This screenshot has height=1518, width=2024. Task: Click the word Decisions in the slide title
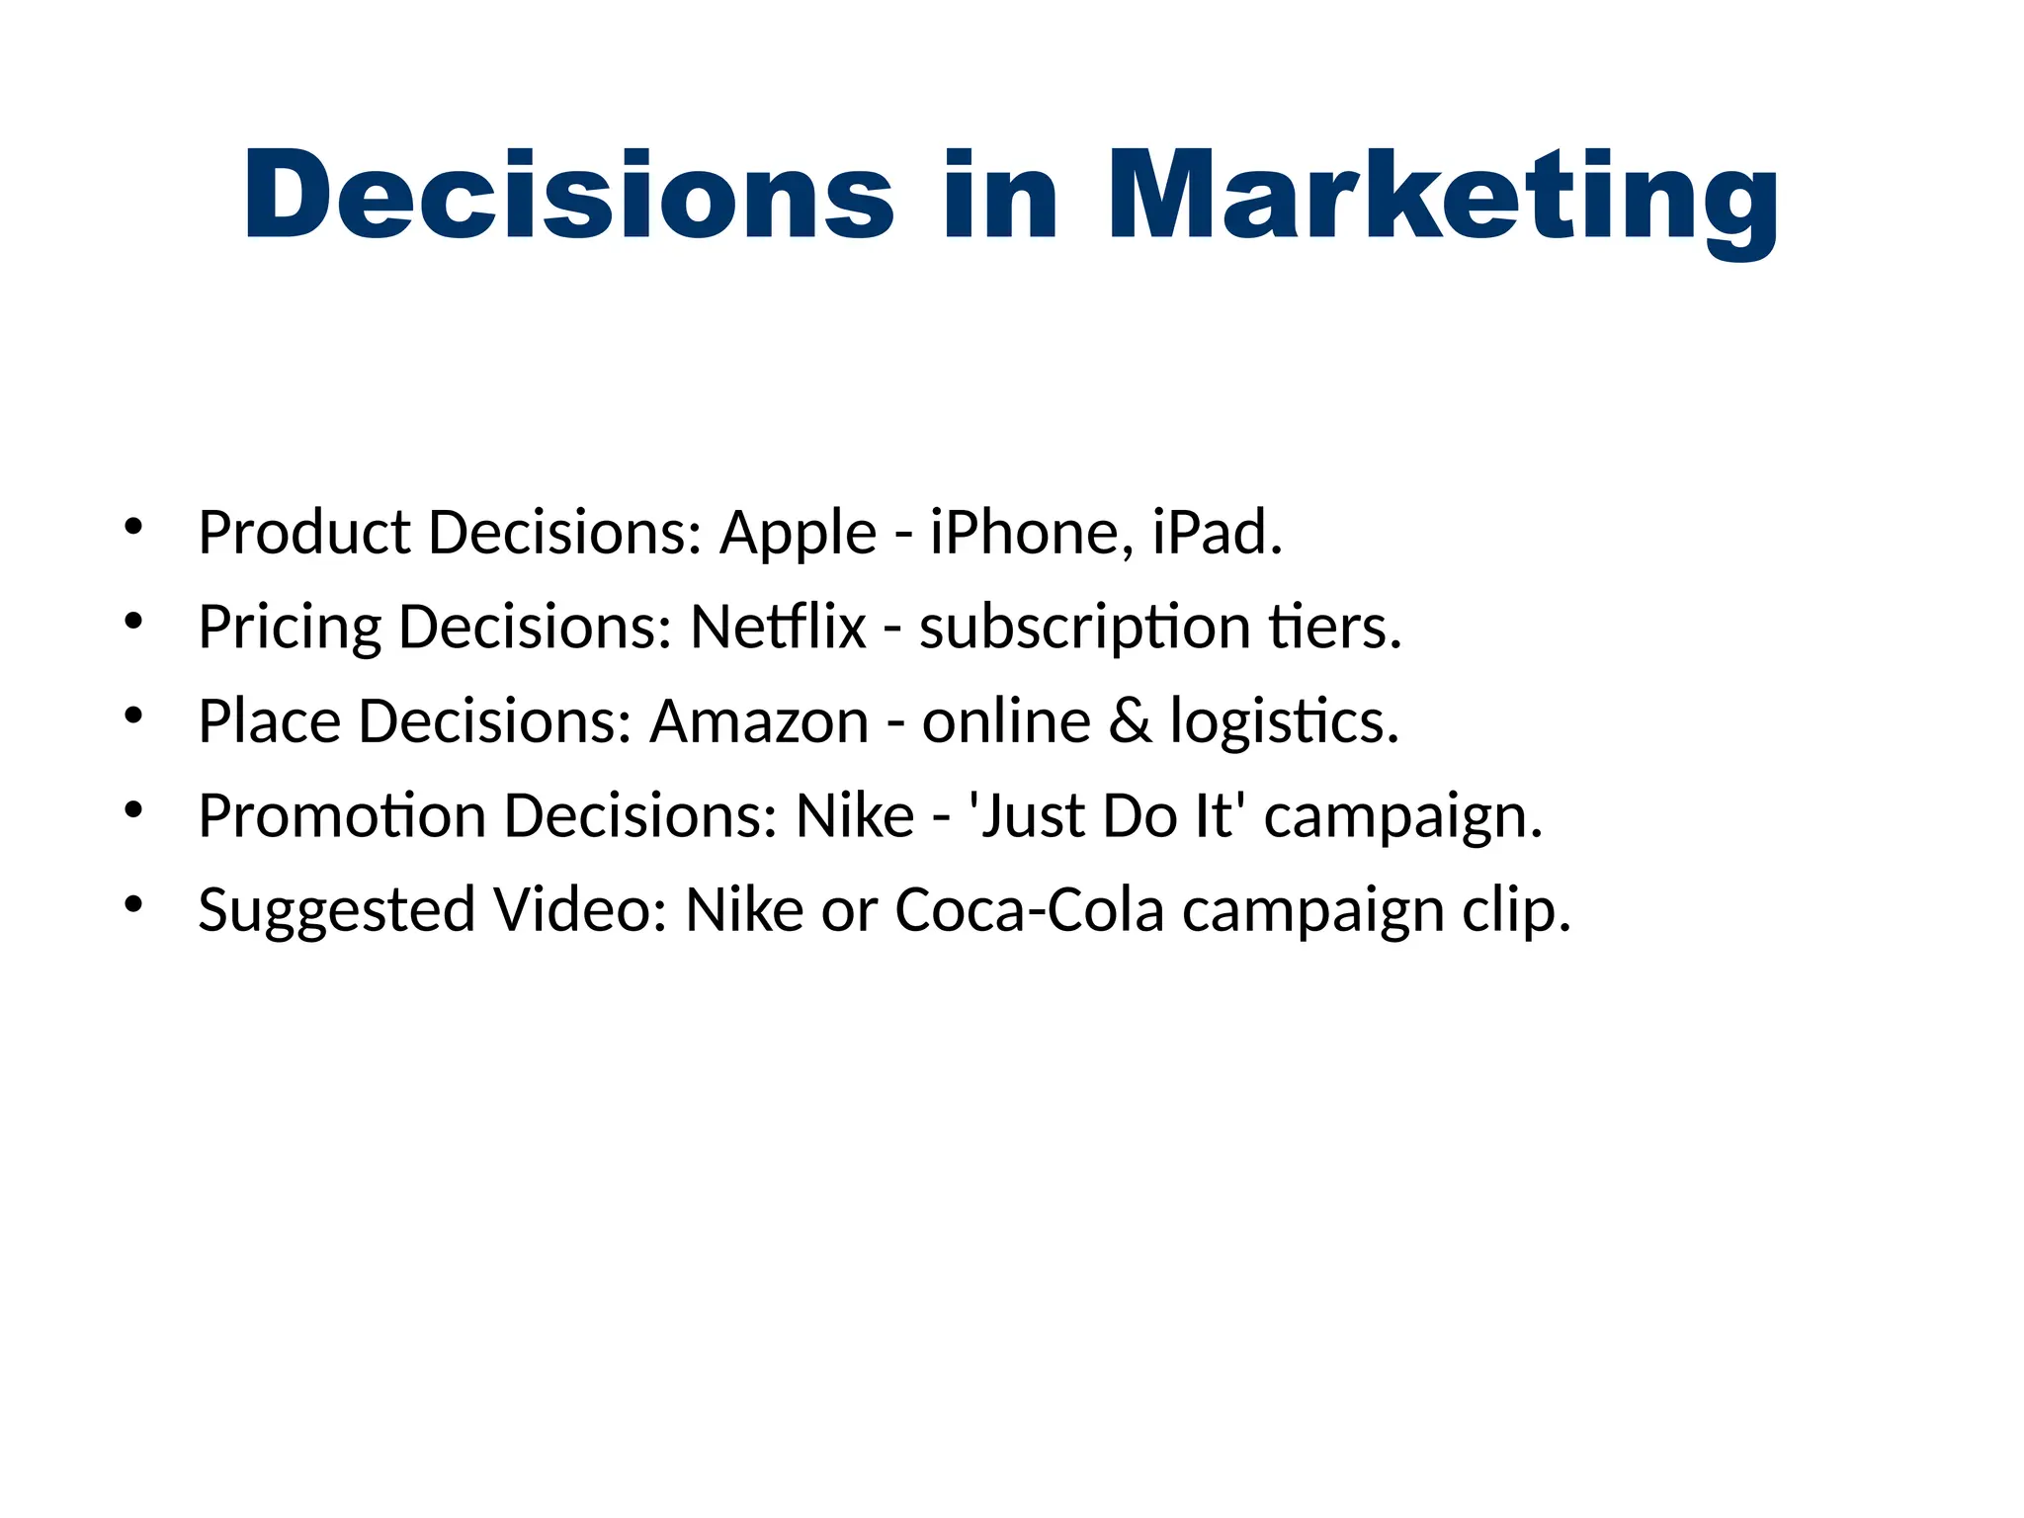tap(569, 195)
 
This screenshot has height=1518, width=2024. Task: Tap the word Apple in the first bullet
tap(798, 533)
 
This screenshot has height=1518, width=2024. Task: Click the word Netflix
tap(778, 627)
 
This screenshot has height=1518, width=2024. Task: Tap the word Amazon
tap(758, 721)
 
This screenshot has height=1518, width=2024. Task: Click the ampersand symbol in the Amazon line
tap(1131, 721)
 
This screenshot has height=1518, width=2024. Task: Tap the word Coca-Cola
tap(1029, 909)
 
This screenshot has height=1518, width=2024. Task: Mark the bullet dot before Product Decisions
tap(134, 527)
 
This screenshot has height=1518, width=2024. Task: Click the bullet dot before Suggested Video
tap(134, 903)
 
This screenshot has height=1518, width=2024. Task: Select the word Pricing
tap(290, 629)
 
